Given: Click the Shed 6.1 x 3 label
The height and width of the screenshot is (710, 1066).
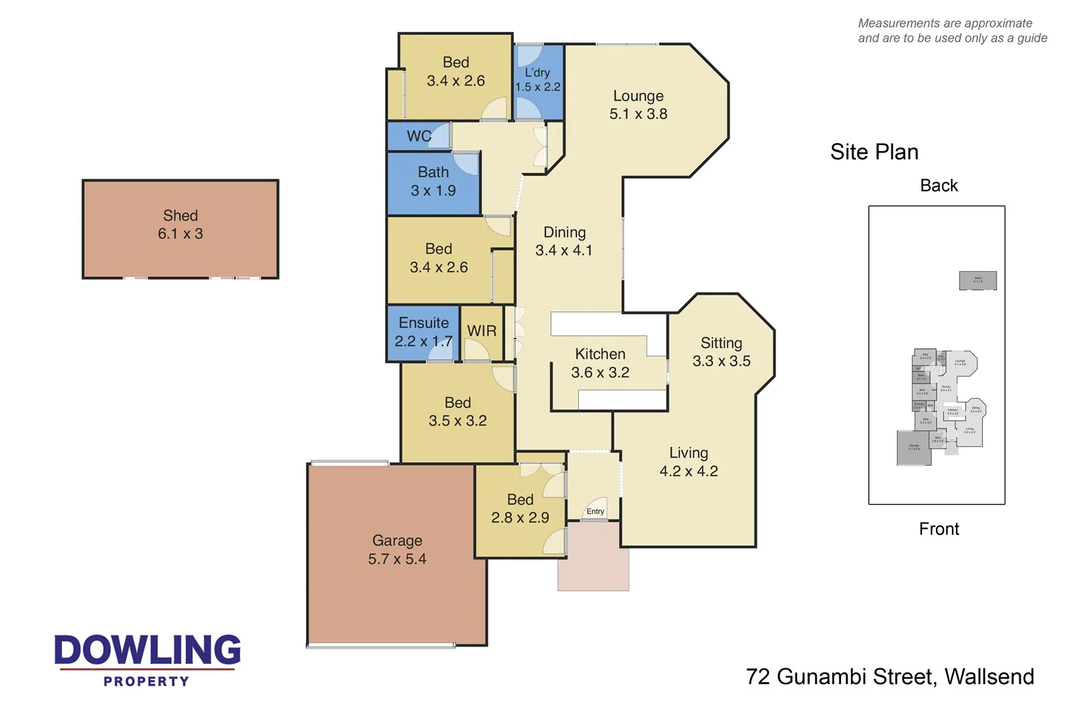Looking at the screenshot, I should click(x=180, y=225).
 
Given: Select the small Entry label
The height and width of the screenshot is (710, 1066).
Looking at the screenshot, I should click(x=595, y=512).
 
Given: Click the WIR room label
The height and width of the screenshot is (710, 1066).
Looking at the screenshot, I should click(x=482, y=331).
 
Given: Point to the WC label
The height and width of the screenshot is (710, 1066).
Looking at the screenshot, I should click(x=419, y=137).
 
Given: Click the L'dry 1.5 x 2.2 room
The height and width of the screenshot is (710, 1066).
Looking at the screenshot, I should click(x=538, y=80).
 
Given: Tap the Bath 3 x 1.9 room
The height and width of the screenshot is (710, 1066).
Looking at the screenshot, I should click(x=433, y=182).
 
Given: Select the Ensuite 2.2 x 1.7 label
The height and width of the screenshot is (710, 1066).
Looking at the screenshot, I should click(x=424, y=332).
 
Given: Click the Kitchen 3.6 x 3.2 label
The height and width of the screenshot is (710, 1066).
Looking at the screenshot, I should click(x=600, y=363).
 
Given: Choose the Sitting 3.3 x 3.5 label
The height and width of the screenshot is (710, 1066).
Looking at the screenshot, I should click(x=721, y=352).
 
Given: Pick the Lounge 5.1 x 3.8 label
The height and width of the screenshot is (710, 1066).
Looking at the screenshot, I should click(x=638, y=105).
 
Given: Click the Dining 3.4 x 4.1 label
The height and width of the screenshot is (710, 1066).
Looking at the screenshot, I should click(x=564, y=241).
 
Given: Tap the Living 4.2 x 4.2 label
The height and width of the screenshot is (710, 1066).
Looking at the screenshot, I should click(x=688, y=462).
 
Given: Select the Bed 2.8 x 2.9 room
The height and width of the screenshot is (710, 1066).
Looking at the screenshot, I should click(x=520, y=509).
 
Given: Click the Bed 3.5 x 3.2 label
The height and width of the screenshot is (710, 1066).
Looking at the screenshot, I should click(x=458, y=412).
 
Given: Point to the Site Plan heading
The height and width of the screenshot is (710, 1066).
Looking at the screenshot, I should click(x=874, y=152).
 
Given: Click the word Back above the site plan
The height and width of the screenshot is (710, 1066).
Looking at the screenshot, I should click(x=939, y=186).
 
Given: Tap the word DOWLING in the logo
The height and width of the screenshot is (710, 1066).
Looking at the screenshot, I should click(x=147, y=650).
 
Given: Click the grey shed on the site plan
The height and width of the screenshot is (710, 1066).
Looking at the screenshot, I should click(x=977, y=280).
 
